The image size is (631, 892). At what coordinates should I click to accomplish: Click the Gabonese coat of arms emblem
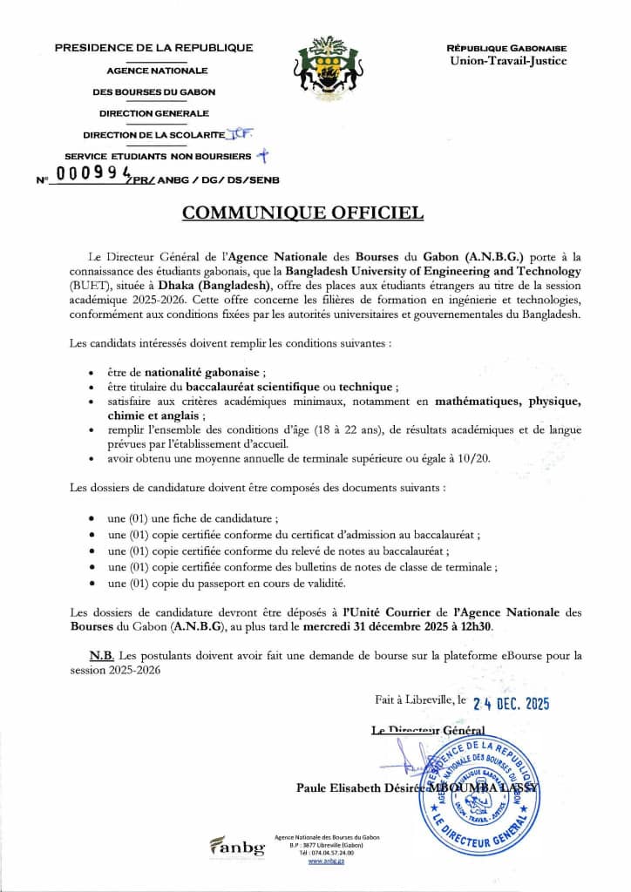328,66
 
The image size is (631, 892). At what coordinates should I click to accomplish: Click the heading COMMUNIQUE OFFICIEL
302,213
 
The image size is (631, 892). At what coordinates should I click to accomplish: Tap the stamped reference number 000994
91,173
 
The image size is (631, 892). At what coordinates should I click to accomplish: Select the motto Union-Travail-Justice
507,61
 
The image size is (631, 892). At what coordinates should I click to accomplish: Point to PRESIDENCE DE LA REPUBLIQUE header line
153,48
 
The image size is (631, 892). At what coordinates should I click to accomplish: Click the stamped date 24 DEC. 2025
511,705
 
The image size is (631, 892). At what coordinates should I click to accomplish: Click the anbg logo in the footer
237,846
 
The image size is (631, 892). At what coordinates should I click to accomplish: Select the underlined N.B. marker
101,654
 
